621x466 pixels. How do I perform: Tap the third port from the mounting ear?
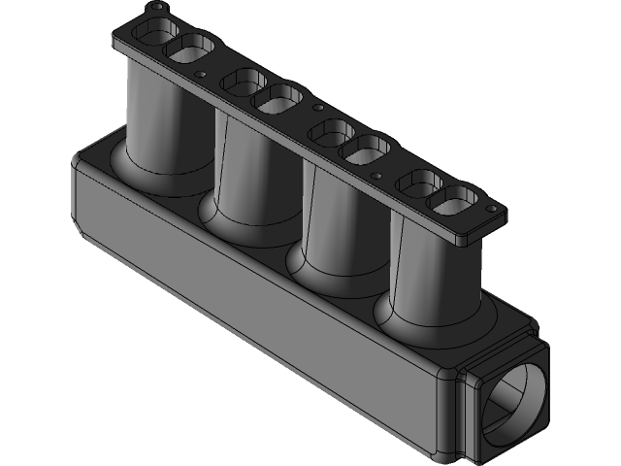[242, 83]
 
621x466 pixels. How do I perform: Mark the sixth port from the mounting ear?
[367, 148]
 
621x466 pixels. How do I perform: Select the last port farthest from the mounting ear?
[453, 201]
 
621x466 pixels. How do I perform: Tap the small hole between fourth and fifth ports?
[317, 106]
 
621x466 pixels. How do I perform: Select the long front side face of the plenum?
[262, 311]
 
